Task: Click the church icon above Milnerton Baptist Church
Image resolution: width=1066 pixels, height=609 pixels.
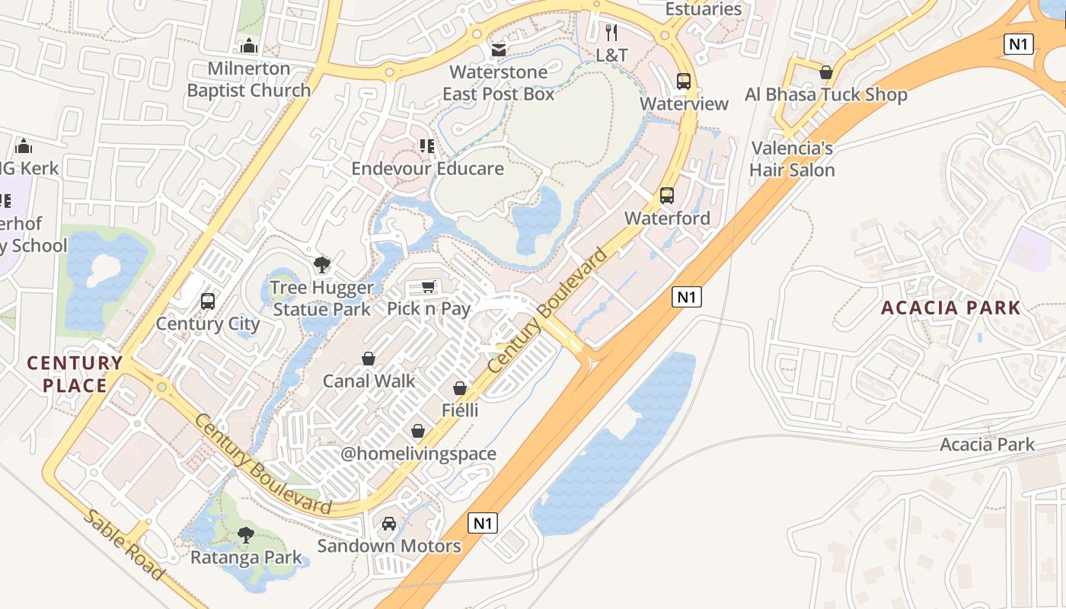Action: (248, 46)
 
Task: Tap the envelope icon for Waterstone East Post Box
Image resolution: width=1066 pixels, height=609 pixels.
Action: (498, 50)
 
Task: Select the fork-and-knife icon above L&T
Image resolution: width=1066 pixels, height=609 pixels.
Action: (611, 33)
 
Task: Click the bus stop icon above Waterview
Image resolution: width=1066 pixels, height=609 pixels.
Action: (683, 81)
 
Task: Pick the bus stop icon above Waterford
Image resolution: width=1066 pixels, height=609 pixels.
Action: (667, 196)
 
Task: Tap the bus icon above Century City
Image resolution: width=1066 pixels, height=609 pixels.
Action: (208, 301)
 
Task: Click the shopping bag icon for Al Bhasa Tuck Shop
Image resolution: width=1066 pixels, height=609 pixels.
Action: (825, 72)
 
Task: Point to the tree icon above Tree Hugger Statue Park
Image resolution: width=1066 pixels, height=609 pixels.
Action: (322, 265)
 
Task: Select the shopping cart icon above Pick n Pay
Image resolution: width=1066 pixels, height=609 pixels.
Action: (428, 286)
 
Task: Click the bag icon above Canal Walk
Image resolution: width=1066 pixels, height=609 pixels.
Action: (369, 359)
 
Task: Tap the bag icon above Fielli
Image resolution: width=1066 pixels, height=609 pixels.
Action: (460, 388)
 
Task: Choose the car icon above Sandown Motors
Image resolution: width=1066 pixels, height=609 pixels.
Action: (389, 524)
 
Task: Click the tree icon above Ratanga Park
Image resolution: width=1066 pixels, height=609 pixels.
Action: (245, 535)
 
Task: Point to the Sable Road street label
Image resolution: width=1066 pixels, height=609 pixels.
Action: (124, 544)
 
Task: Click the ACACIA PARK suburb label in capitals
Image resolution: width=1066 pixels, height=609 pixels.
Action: (950, 308)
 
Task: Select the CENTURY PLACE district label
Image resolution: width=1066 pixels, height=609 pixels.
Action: (75, 374)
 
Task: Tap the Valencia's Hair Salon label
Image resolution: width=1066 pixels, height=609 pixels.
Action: (792, 159)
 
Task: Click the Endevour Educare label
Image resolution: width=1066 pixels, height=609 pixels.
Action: (427, 168)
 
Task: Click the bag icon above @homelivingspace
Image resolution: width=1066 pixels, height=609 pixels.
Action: (418, 432)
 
